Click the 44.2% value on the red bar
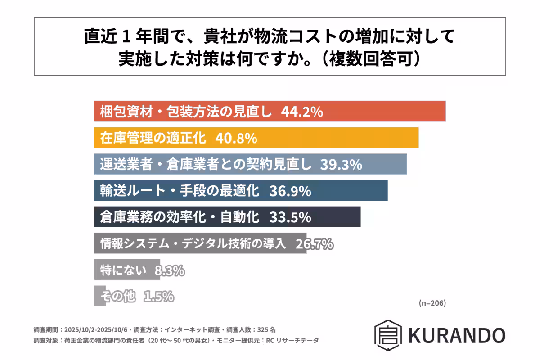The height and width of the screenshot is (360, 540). (301, 112)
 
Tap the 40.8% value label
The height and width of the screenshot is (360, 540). (236, 138)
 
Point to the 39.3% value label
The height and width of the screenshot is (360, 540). (341, 165)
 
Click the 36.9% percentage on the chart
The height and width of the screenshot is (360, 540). (290, 191)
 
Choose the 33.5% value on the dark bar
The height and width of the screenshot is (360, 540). (290, 217)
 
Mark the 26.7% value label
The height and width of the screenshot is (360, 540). (314, 244)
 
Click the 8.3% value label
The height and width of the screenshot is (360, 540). (170, 270)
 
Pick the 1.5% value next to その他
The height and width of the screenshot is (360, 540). (159, 297)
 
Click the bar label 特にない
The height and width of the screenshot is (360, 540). (123, 270)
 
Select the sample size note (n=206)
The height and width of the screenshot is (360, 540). (432, 303)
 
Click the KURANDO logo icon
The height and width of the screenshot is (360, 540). (387, 335)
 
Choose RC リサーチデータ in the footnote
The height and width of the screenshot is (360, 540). (295, 341)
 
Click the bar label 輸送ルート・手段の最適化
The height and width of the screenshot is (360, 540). (180, 191)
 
